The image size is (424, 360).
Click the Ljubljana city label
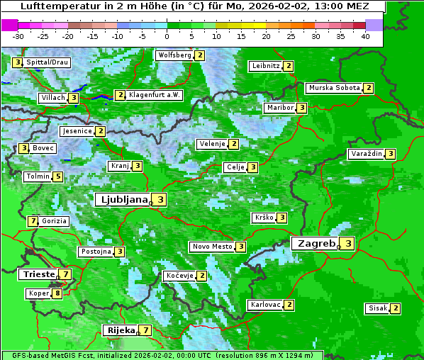click(123, 200)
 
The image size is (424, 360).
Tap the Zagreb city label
click(316, 243)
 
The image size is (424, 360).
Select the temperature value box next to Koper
click(57, 293)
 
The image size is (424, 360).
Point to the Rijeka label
click(121, 330)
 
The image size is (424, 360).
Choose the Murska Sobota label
click(333, 88)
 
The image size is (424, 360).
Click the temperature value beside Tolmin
click(58, 176)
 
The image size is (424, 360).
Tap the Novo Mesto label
click(212, 247)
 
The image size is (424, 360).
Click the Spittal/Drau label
click(48, 62)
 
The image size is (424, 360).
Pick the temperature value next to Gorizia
click(33, 221)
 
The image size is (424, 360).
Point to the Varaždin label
click(366, 154)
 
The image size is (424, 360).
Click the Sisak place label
click(377, 308)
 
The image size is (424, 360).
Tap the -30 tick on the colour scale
click(18, 36)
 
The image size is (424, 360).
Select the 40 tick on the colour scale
click(364, 36)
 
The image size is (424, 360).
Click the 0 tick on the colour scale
click(167, 36)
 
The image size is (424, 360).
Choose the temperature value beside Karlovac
click(289, 305)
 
